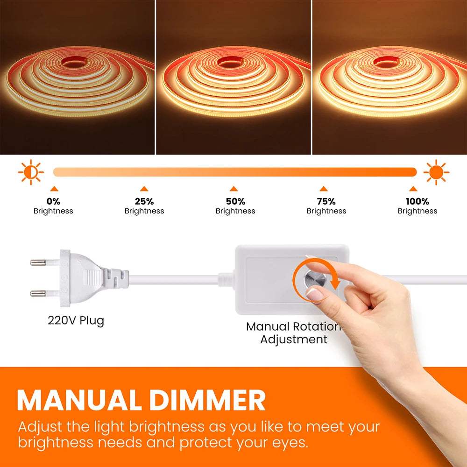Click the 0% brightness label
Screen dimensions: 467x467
pyautogui.click(x=53, y=206)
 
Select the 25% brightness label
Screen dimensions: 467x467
pyautogui.click(x=144, y=206)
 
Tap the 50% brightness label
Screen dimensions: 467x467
pyautogui.click(x=235, y=206)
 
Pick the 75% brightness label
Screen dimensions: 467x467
pyautogui.click(x=326, y=206)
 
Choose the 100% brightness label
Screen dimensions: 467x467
pyautogui.click(x=417, y=206)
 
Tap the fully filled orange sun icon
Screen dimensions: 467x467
pyautogui.click(x=436, y=172)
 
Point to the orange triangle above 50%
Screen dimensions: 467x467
pyautogui.click(x=234, y=189)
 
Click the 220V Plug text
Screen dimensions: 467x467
pyautogui.click(x=76, y=321)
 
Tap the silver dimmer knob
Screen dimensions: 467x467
pyautogui.click(x=313, y=279)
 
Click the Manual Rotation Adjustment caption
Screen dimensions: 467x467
pyautogui.click(x=293, y=333)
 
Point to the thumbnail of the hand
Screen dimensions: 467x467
pyautogui.click(x=314, y=294)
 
